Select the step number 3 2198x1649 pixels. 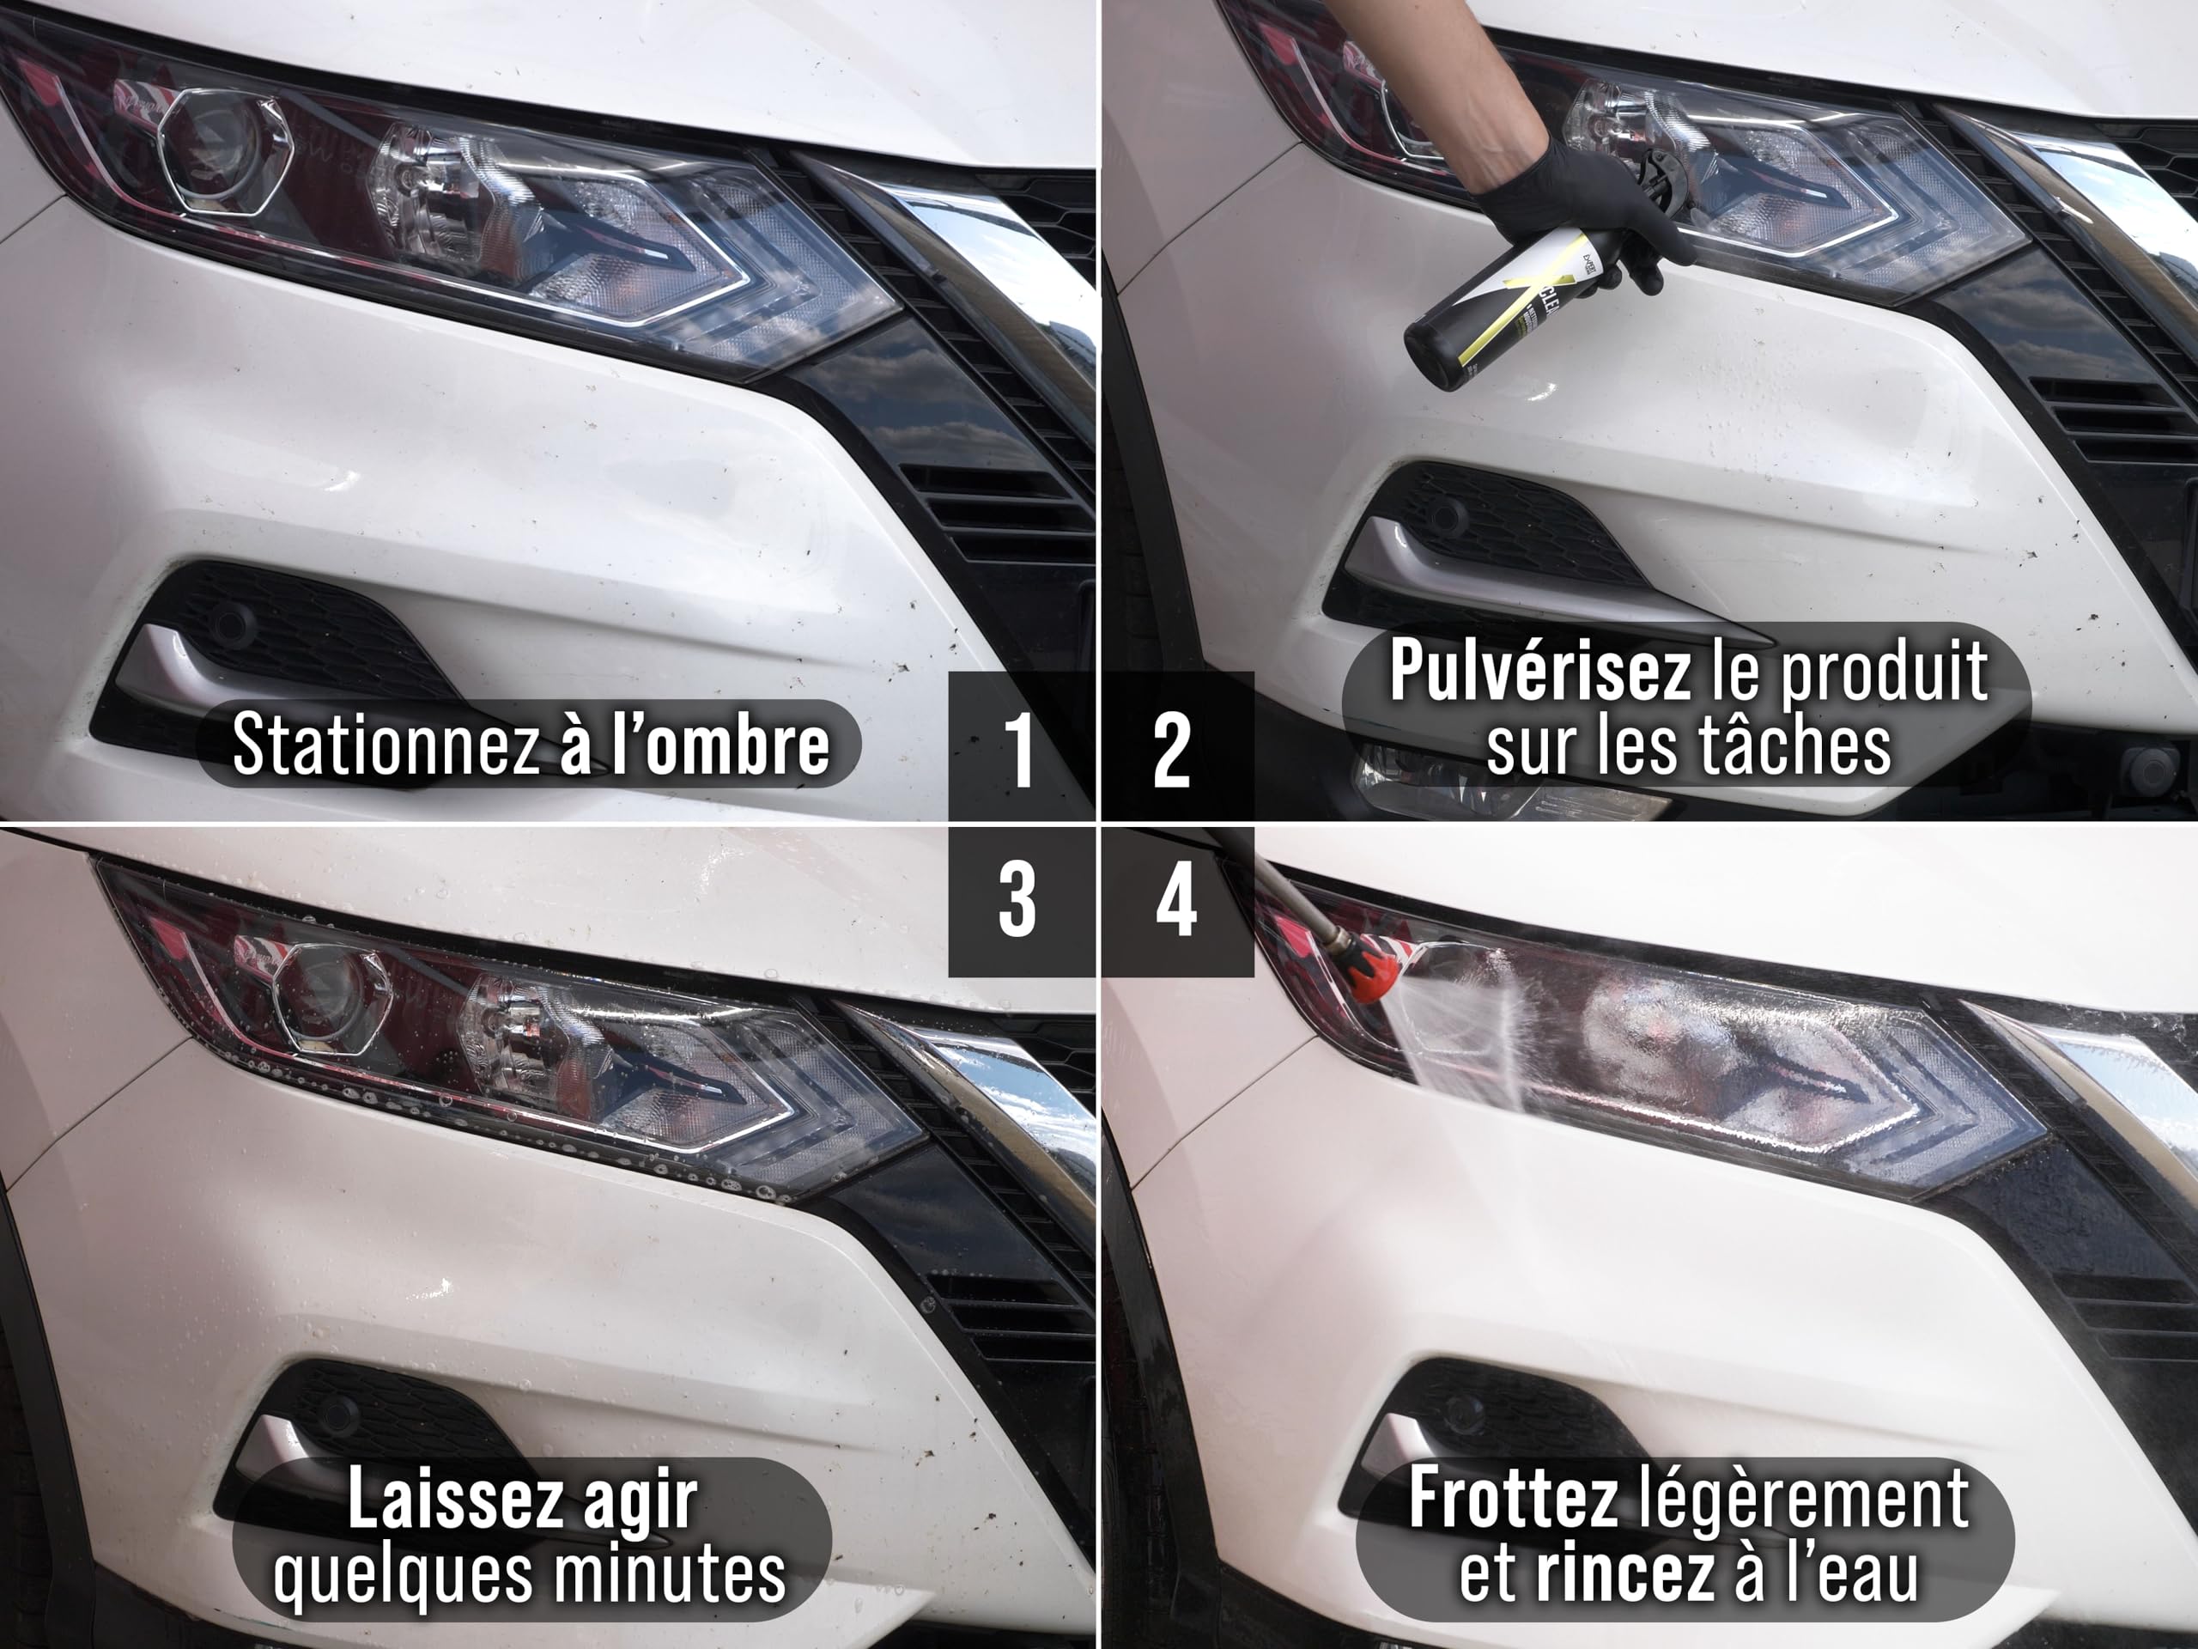coord(1017,901)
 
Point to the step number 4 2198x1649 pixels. coord(1176,901)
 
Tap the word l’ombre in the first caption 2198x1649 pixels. coord(720,744)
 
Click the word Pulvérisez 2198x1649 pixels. coord(1539,671)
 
